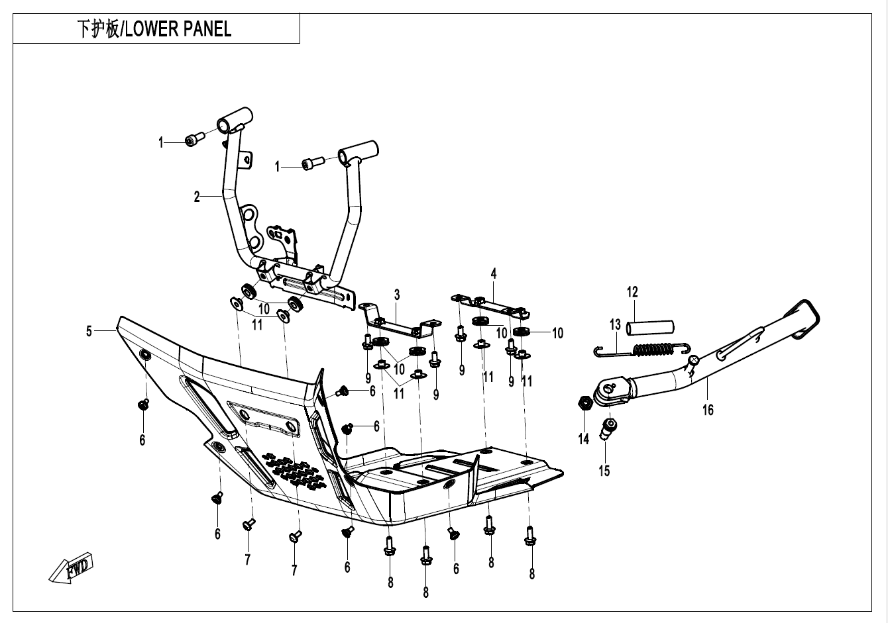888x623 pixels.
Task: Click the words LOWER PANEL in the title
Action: pyautogui.click(x=178, y=29)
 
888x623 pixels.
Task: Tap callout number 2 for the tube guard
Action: pyautogui.click(x=197, y=197)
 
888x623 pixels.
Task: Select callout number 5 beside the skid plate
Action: pyautogui.click(x=89, y=331)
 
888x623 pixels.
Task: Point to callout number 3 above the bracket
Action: pyautogui.click(x=397, y=295)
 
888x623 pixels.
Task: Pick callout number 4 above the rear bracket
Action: pyautogui.click(x=494, y=273)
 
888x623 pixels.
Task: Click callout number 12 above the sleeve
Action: pyautogui.click(x=632, y=292)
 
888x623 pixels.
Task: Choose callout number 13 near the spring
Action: pyautogui.click(x=615, y=324)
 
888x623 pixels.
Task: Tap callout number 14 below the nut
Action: pyautogui.click(x=584, y=439)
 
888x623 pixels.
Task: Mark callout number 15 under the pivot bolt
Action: pyautogui.click(x=604, y=471)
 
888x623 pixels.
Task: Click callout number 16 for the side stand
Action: pyautogui.click(x=708, y=410)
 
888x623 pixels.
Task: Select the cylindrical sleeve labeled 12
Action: pyautogui.click(x=649, y=328)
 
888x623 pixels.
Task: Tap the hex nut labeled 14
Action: pyautogui.click(x=584, y=403)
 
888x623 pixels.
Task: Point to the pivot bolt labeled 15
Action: pyautogui.click(x=608, y=429)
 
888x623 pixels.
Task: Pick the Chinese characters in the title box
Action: pyautogui.click(x=98, y=29)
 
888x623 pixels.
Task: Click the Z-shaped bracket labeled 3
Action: pyautogui.click(x=400, y=321)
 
